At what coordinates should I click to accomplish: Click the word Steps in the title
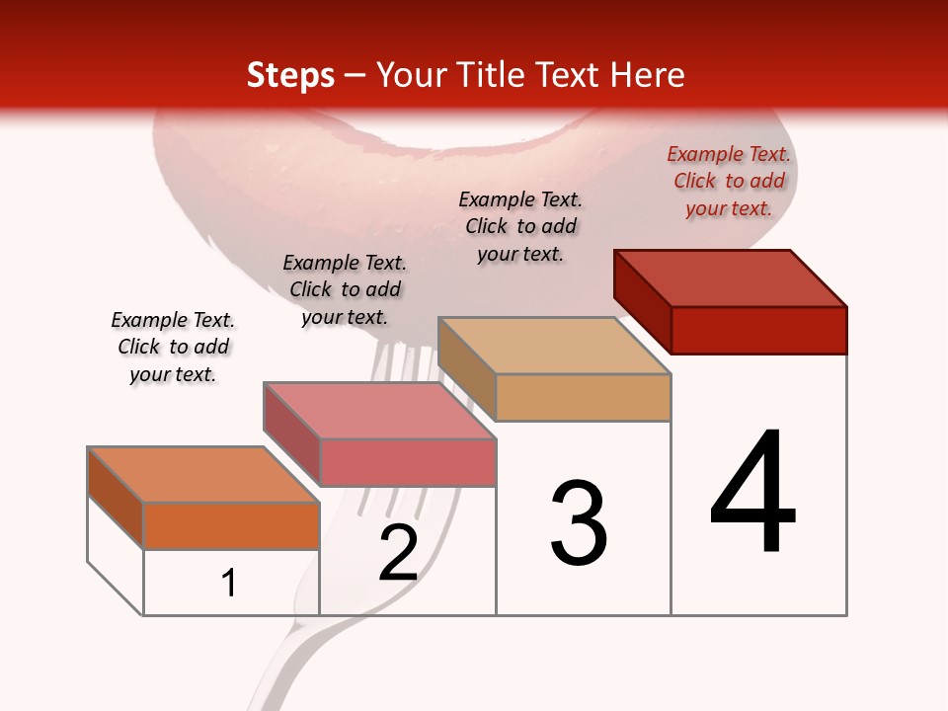tap(290, 76)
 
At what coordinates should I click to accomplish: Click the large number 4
tap(752, 493)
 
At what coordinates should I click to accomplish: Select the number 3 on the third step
tap(579, 523)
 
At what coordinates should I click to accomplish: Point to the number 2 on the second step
tap(399, 554)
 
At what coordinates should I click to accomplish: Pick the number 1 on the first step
tap(229, 584)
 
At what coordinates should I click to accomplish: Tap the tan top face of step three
tap(553, 346)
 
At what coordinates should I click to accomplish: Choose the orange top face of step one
tap(202, 475)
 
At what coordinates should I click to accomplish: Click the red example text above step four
tap(729, 182)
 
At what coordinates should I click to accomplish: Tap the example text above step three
tap(520, 226)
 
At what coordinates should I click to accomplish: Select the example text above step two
tap(345, 289)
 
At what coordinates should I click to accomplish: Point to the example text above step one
tap(173, 348)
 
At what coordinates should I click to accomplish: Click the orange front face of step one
tap(231, 525)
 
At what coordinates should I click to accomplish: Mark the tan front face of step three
tap(583, 398)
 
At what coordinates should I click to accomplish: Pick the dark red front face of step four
tap(758, 330)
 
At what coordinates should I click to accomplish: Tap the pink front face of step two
tap(407, 462)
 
